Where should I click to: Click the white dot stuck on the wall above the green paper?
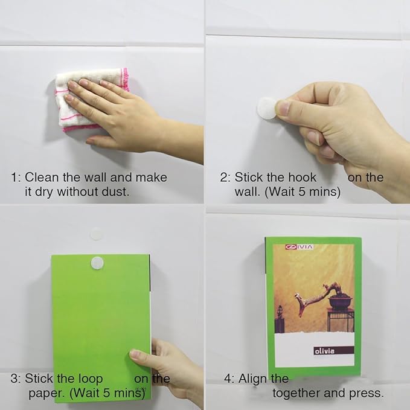click(x=96, y=233)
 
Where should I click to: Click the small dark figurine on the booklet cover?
click(x=280, y=315)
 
